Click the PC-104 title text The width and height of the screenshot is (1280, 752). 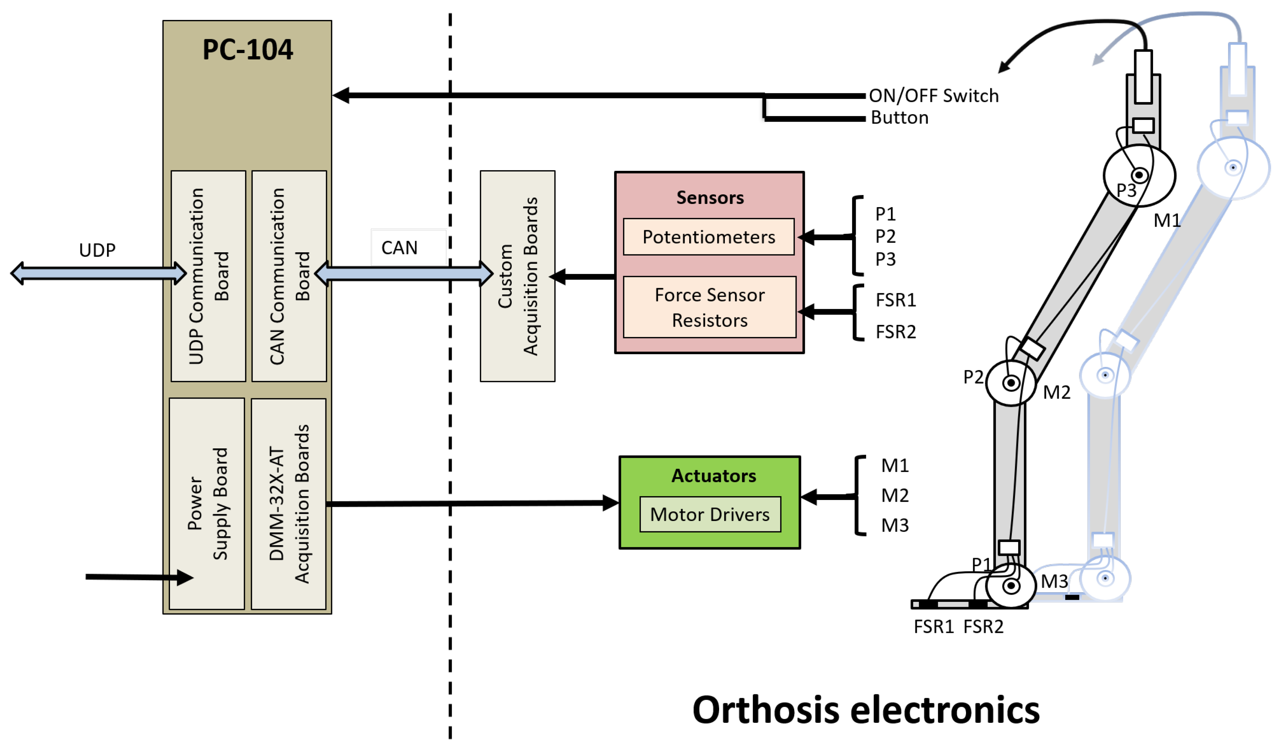(x=248, y=50)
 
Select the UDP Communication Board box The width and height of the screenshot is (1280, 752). (x=208, y=276)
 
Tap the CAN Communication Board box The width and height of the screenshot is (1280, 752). (x=289, y=276)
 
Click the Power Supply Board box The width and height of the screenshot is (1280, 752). (x=207, y=504)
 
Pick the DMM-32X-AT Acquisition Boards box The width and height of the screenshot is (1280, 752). (x=288, y=504)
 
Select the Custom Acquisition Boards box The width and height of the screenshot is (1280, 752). (x=517, y=276)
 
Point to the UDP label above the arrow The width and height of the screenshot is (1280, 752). (x=97, y=250)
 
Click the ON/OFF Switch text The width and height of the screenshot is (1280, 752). (x=933, y=95)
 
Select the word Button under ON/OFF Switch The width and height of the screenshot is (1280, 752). (x=899, y=117)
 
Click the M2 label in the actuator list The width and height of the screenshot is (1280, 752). (x=894, y=495)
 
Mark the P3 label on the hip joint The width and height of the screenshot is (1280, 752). (x=1126, y=190)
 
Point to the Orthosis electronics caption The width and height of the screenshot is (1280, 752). (x=866, y=710)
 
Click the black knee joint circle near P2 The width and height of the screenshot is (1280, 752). (x=1010, y=383)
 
